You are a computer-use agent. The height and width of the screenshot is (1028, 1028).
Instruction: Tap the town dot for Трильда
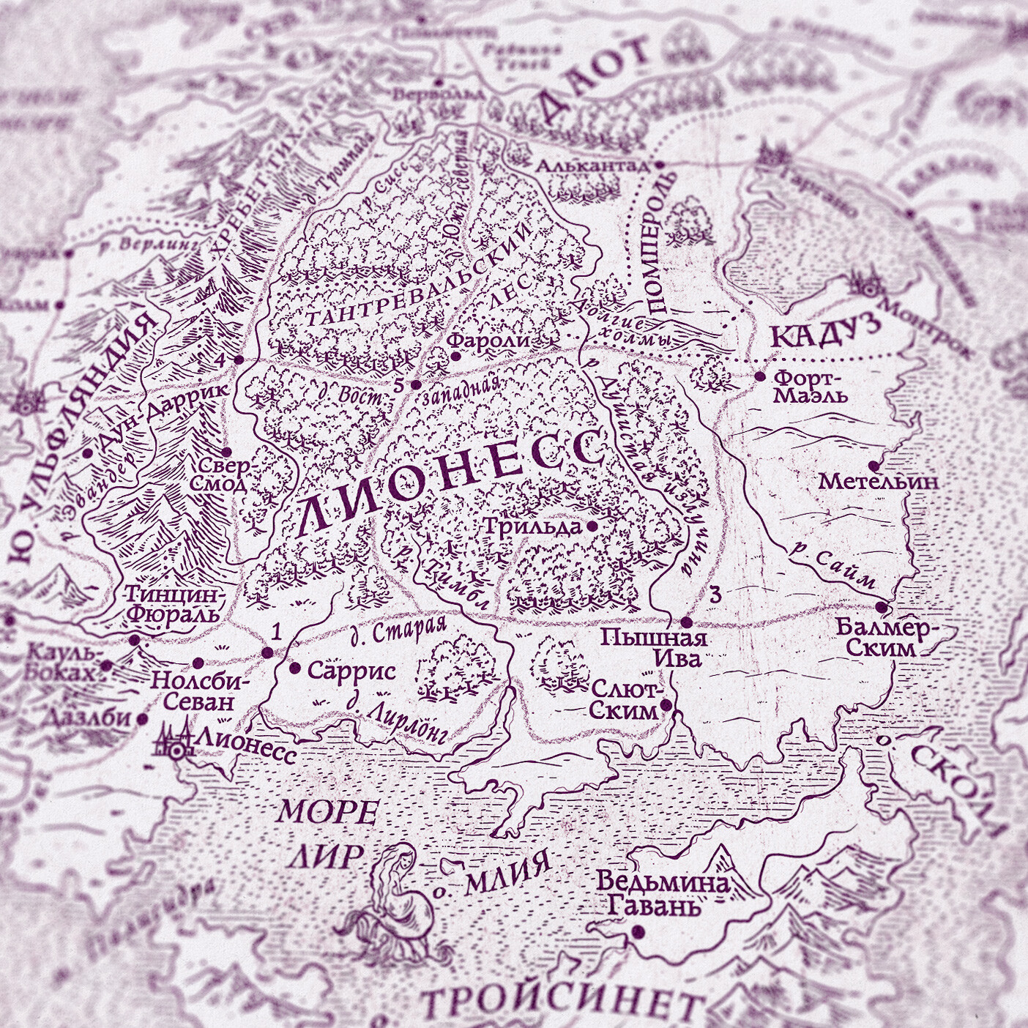coord(591,526)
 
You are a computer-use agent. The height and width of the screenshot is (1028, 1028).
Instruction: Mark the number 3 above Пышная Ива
coord(715,595)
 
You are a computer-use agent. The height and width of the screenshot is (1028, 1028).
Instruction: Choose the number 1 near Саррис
coord(276,631)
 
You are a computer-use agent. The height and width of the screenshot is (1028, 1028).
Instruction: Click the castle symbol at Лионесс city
coord(174,742)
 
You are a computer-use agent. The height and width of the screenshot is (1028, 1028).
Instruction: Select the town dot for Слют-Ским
coord(666,705)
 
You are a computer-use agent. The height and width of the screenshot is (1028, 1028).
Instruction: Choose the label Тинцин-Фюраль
coord(173,603)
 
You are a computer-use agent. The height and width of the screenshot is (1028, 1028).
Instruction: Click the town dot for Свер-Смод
coord(226,451)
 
